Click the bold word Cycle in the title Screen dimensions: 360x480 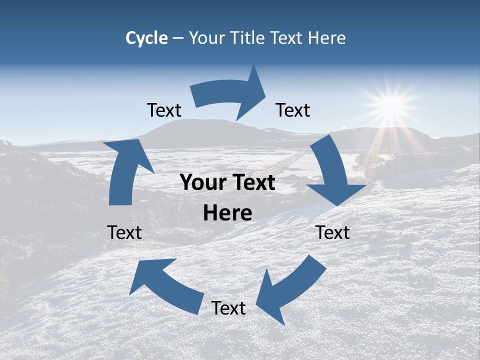(146, 38)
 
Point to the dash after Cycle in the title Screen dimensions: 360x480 (177, 38)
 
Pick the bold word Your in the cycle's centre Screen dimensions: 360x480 (202, 182)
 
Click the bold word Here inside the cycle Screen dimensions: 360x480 (227, 213)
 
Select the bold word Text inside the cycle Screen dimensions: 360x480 (252, 182)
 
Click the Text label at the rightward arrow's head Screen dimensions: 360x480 (293, 110)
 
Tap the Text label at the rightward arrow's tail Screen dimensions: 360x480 (164, 110)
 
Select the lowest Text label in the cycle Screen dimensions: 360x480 (228, 308)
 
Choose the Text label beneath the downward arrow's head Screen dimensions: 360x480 (333, 232)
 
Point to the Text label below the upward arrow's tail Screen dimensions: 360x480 (124, 232)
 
